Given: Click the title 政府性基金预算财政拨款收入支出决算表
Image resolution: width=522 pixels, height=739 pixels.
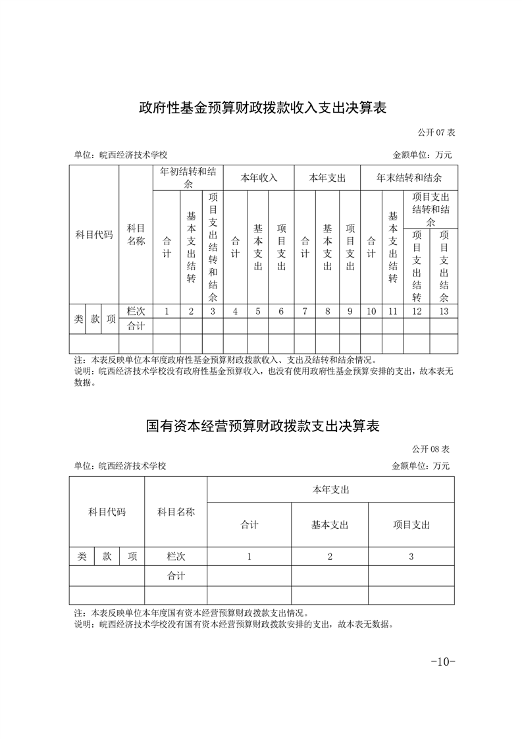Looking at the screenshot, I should [261, 108].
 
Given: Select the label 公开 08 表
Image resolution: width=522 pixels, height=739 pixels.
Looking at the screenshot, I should [431, 449].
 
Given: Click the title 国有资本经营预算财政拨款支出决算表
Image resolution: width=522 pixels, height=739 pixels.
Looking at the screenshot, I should [263, 425].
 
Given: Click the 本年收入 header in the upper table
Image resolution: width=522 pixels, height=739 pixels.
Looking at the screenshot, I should [259, 178].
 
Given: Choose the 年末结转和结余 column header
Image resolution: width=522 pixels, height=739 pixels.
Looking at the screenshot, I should [409, 178].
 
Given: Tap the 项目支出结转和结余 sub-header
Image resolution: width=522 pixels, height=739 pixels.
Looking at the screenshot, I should [431, 209].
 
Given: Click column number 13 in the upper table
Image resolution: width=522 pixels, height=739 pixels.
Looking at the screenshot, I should [444, 312].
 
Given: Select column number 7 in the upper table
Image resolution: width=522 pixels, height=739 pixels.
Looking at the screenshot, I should [305, 312].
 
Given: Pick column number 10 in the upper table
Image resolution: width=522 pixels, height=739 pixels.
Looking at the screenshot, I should [371, 312].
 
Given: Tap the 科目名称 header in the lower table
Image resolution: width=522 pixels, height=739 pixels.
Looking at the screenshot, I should [176, 512].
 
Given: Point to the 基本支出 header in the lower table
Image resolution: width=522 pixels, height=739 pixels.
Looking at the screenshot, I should [330, 525].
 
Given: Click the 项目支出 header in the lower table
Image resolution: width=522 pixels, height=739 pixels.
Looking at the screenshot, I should [411, 525].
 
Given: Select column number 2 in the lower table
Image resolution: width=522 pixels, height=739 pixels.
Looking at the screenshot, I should [330, 557].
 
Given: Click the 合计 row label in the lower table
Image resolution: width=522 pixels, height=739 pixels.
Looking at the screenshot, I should [176, 576].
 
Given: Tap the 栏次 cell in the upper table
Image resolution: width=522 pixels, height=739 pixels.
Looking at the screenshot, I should [136, 312].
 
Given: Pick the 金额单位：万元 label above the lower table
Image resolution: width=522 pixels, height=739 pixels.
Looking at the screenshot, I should [421, 466].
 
